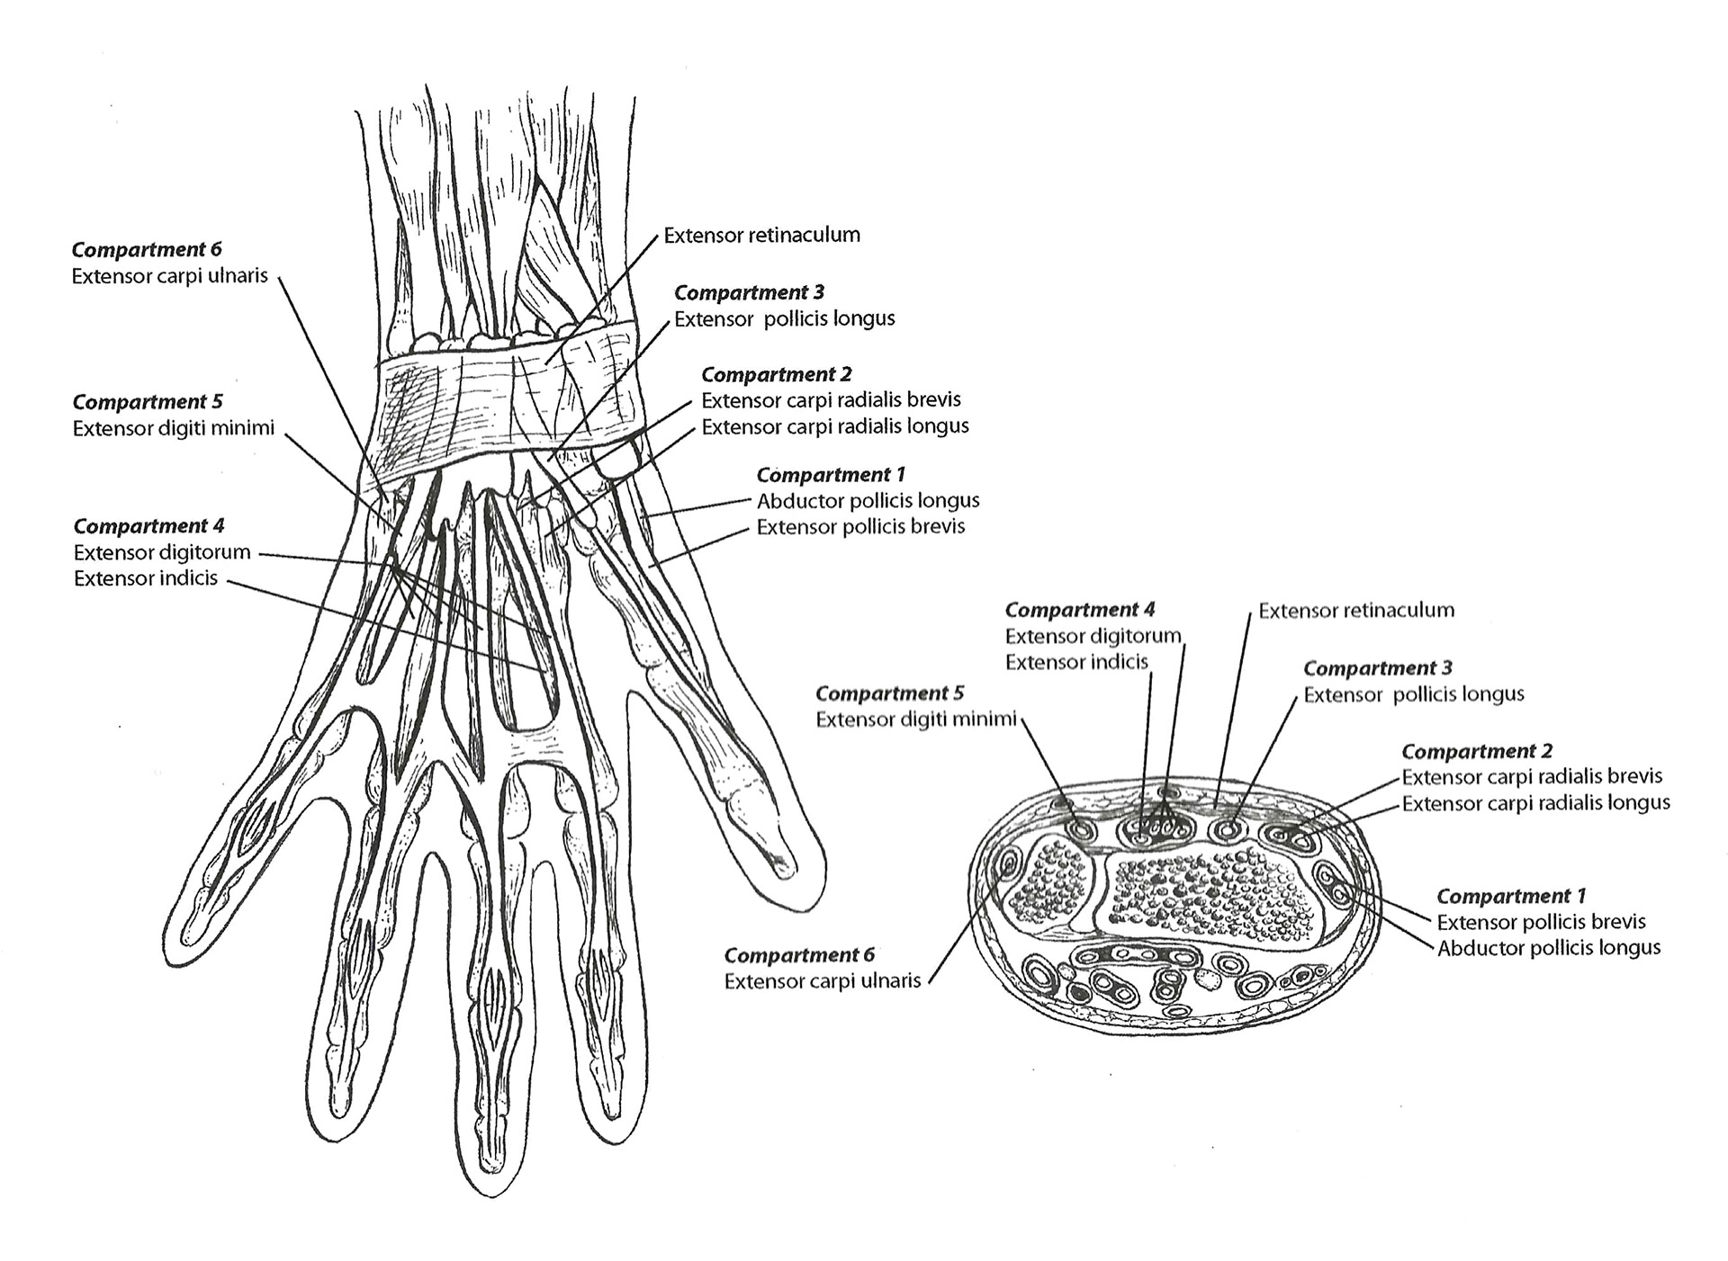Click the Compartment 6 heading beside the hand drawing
point(147,249)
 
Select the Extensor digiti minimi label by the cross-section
point(915,720)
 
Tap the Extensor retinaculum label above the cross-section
point(1355,611)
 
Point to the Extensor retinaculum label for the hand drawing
point(761,235)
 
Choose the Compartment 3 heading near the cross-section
point(1377,668)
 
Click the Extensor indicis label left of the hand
point(146,578)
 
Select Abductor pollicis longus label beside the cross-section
point(1548,948)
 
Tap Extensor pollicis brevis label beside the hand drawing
point(860,527)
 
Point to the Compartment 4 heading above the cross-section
point(1079,610)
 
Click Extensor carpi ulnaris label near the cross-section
point(822,980)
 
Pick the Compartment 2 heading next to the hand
point(776,374)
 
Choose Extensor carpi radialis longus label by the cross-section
point(1535,803)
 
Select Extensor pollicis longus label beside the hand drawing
point(784,318)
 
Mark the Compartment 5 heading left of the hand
point(148,402)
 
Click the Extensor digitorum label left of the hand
point(162,552)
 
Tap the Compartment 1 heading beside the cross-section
point(1510,896)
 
